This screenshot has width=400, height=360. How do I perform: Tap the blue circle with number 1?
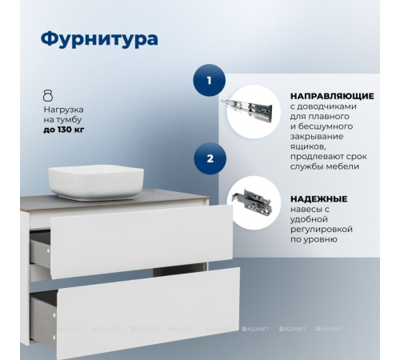(x=210, y=80)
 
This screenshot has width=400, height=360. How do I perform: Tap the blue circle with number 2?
(x=210, y=158)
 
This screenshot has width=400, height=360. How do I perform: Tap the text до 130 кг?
(x=69, y=130)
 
